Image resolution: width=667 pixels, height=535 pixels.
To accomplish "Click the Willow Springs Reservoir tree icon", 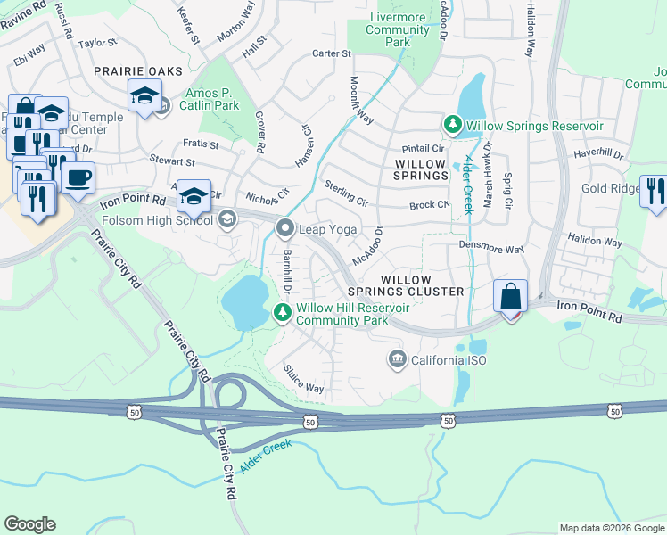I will coord(454,126).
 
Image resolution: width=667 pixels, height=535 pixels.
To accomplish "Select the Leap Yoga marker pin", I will coord(285,229).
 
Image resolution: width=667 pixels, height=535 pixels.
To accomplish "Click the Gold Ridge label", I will coord(611,189).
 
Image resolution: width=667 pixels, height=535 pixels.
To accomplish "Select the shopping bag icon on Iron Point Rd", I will coord(512,296).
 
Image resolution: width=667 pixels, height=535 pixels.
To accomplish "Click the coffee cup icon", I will coord(79,177).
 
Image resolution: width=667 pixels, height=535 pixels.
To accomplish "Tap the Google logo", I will coord(29,524).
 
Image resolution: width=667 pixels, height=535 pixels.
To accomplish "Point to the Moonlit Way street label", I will coord(361,98).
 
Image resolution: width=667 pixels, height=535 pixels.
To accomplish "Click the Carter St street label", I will coord(331,53).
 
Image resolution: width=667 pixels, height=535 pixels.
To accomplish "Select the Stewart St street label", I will coord(171,161).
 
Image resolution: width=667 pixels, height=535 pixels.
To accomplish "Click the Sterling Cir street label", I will coord(346,192).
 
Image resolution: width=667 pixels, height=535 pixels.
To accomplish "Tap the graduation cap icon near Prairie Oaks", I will coord(144,95).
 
